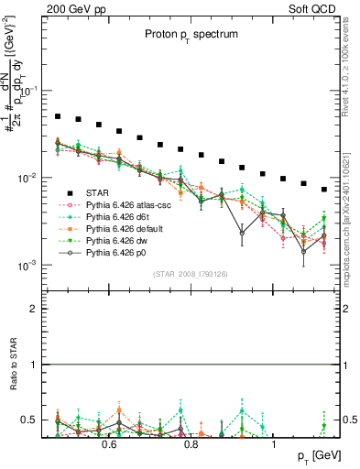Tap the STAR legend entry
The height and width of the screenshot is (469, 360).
98,193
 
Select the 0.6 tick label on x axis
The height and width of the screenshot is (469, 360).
108,443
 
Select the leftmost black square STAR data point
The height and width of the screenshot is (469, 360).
58,117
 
